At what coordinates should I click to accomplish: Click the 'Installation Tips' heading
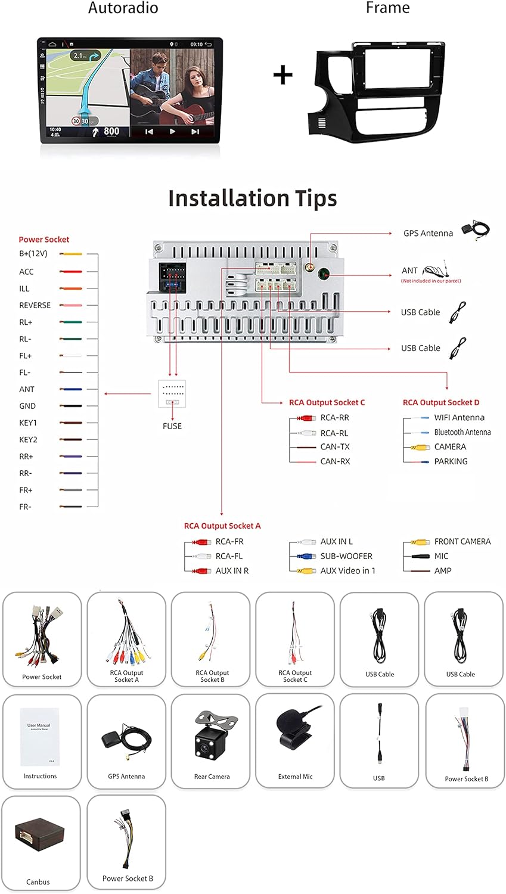[252, 198]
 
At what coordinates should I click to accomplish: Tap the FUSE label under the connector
[172, 426]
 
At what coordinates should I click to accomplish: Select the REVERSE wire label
[35, 305]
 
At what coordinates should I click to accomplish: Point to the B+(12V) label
[33, 254]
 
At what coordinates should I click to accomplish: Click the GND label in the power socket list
[27, 406]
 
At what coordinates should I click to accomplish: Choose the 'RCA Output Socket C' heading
[327, 402]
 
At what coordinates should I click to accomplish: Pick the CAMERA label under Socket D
[450, 446]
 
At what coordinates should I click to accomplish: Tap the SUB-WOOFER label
[346, 556]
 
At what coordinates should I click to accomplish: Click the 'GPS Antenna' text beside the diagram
[428, 233]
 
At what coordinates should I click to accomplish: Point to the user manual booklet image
[40, 735]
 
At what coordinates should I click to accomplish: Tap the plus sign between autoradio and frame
[283, 75]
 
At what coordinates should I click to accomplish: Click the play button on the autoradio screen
[172, 131]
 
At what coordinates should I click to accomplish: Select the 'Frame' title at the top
[387, 8]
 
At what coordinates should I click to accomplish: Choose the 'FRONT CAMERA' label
[462, 541]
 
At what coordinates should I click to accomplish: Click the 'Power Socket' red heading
[44, 240]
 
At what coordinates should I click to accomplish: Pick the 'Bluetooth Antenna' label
[462, 432]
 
